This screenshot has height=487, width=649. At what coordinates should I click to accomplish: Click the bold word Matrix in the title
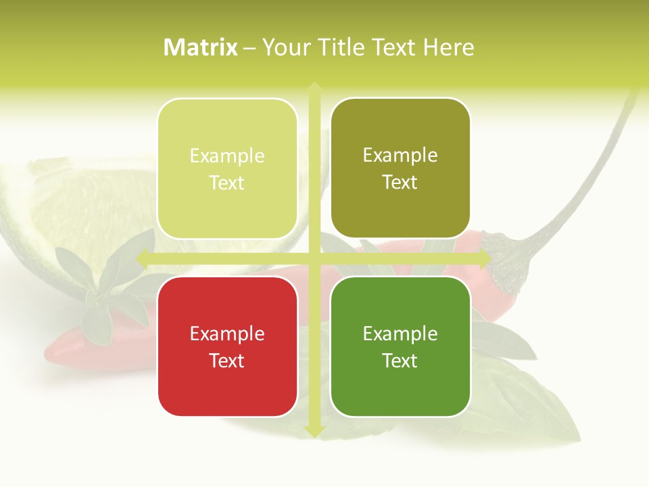click(x=201, y=47)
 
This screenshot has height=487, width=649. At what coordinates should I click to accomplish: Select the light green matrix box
click(x=227, y=168)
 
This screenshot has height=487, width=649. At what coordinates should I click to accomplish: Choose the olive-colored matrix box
click(x=400, y=168)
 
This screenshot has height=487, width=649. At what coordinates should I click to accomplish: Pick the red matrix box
click(x=227, y=346)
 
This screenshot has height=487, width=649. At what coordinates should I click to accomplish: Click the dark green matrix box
click(x=400, y=346)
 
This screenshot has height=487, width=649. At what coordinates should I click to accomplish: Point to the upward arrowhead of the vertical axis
click(x=314, y=88)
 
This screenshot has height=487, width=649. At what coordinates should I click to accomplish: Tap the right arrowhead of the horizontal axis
click(x=485, y=258)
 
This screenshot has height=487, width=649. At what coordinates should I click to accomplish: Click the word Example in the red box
click(x=227, y=333)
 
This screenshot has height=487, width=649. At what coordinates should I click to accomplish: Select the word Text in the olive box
click(x=400, y=182)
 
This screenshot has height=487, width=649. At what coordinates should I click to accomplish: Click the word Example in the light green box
click(x=227, y=156)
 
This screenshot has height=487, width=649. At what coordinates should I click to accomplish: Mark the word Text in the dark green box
click(x=400, y=361)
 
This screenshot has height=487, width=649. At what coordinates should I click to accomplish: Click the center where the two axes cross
click(x=314, y=258)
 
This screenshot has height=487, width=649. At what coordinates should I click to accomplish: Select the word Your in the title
click(x=283, y=47)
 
